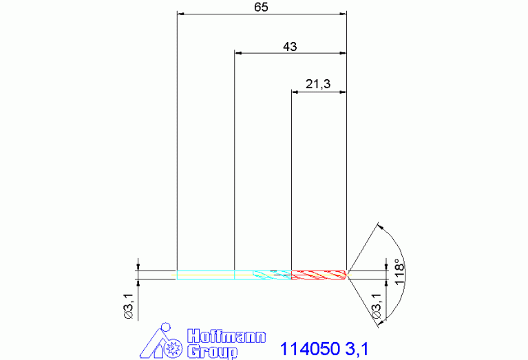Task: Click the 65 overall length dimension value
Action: tap(261, 8)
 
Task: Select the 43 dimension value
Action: tap(290, 47)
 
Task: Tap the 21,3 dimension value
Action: tap(318, 84)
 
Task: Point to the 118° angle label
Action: tap(399, 272)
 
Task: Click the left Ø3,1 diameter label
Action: tap(129, 306)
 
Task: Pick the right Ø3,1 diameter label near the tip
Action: tap(377, 306)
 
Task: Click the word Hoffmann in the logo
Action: tap(226, 337)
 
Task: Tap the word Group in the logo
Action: tap(213, 352)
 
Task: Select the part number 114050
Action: tap(310, 349)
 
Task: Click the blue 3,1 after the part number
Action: tap(357, 349)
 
